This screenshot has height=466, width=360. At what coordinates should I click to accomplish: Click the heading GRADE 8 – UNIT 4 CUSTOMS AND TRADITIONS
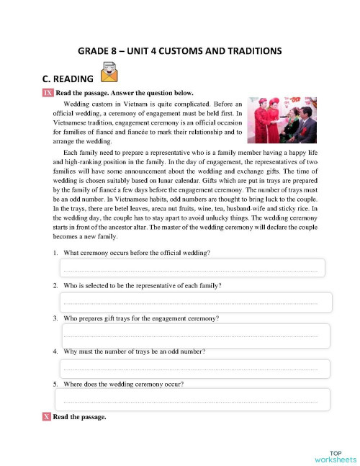point(179,51)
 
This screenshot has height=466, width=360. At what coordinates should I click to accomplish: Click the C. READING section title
point(68,79)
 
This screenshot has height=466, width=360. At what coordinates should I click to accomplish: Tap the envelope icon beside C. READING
point(109,73)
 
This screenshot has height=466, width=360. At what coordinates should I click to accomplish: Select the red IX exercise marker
point(47,93)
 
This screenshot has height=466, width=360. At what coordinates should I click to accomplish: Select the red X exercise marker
point(47,417)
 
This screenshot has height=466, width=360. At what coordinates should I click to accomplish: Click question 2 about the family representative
point(142,286)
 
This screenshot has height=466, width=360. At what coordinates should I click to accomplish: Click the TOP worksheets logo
point(335,454)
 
